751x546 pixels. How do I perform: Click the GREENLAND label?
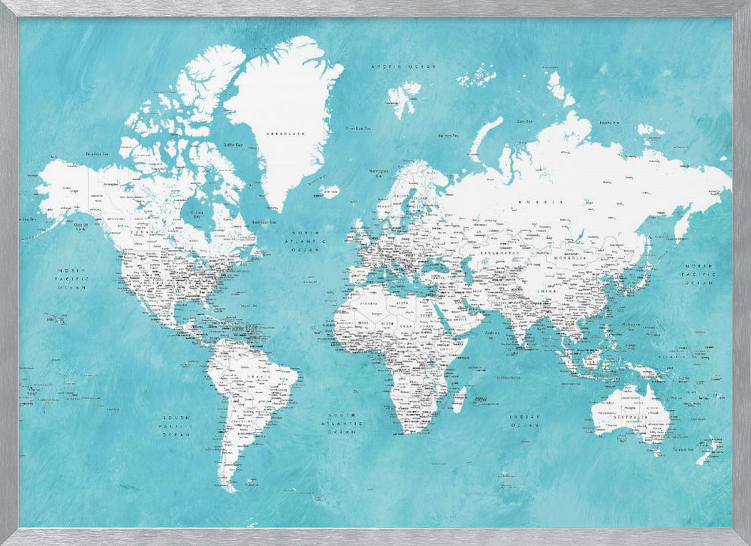pyautogui.click(x=285, y=134)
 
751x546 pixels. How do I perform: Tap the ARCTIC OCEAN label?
pyautogui.click(x=403, y=67)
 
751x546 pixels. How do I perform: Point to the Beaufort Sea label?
pyautogui.click(x=98, y=153)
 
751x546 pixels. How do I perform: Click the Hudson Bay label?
pyautogui.click(x=197, y=213)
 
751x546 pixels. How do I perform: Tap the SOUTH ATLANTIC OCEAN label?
pyautogui.click(x=340, y=424)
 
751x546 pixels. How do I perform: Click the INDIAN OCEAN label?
pyautogui.click(x=525, y=421)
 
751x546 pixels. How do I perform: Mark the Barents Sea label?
pyautogui.click(x=448, y=135)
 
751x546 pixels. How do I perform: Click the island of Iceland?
pyautogui.click(x=329, y=191)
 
